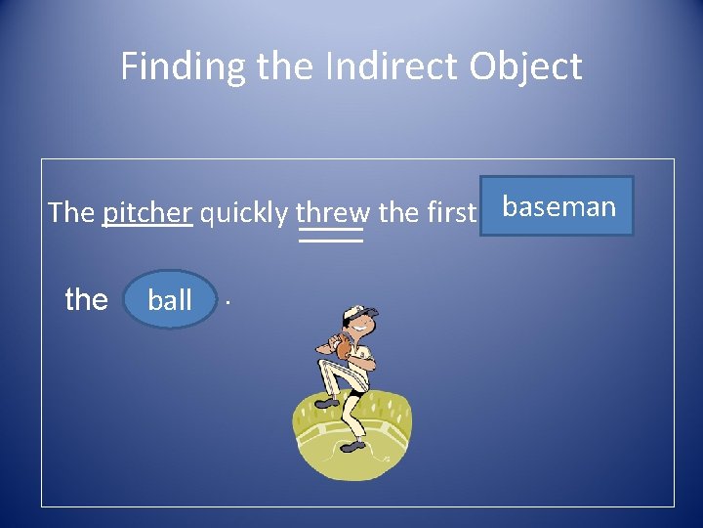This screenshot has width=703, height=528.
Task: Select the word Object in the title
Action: pos(525,66)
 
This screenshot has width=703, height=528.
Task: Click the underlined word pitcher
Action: pos(146,212)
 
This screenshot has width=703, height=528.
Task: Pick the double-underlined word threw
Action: pos(331,212)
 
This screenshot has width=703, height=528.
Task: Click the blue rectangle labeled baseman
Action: pos(557,206)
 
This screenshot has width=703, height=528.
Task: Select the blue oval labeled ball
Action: pos(170,299)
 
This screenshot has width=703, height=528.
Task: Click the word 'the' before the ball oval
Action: pos(86,299)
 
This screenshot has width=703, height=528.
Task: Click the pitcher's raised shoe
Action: pos(326,402)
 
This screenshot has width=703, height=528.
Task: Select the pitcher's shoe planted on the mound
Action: pos(352,446)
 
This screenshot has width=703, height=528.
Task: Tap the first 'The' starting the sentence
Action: pos(71,212)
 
